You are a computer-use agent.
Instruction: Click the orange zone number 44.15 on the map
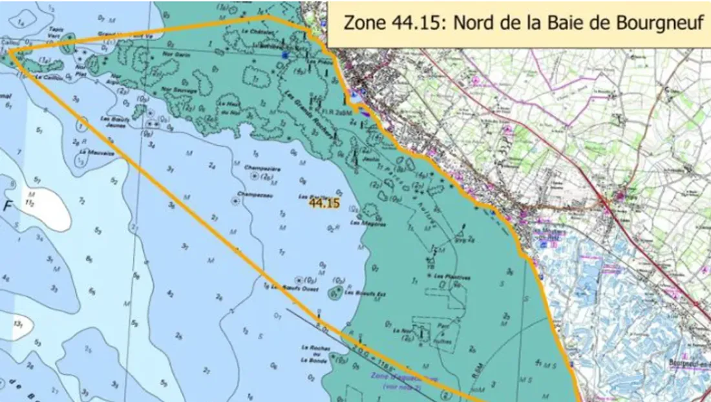pyautogui.click(x=324, y=203)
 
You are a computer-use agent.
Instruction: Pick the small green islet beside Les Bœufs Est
pyautogui.click(x=335, y=294)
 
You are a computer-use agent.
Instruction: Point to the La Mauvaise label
pyautogui.click(x=93, y=153)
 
